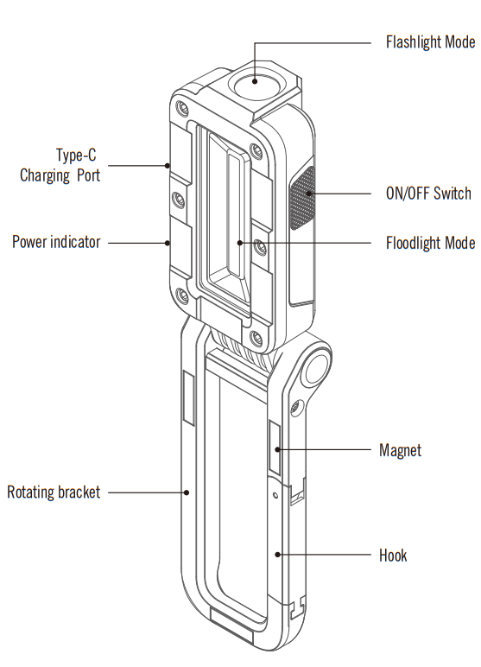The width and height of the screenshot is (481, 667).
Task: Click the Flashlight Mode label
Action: (429, 41)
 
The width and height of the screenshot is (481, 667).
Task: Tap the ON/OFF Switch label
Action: (428, 193)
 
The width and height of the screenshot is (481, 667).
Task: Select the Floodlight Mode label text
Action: (429, 243)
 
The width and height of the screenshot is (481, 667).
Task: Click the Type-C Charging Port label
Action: (60, 165)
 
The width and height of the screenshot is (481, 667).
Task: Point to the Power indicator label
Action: (56, 242)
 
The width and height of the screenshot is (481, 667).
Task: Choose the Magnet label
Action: (401, 450)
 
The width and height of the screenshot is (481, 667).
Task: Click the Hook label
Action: (393, 555)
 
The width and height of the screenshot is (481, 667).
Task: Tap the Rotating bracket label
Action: (54, 492)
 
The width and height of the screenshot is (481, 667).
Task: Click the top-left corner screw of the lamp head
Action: (180, 108)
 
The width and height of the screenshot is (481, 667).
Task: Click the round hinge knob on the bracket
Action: (314, 366)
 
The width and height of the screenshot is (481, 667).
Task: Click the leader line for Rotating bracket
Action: (147, 492)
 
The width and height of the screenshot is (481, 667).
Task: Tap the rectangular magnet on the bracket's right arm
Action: (273, 449)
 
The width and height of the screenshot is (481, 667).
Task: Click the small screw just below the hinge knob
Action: (298, 406)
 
